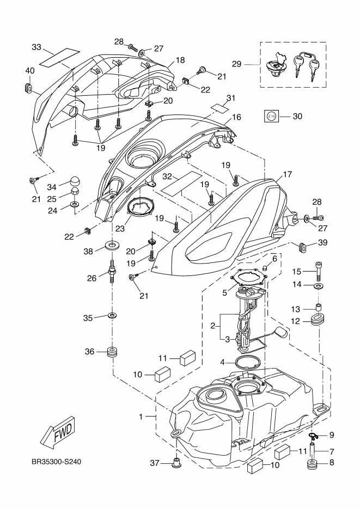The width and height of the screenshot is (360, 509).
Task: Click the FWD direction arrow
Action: point(56,433)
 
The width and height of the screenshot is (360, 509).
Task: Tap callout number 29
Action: point(236,64)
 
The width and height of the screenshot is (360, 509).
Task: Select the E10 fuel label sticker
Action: point(272,116)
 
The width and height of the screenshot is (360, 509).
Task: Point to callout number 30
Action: point(297,116)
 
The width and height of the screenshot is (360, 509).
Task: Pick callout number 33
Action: point(36,47)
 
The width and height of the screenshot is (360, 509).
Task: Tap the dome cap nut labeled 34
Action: point(74,181)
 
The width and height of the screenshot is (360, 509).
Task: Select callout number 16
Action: point(236,117)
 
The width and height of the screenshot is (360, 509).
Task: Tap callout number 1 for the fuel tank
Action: point(141,417)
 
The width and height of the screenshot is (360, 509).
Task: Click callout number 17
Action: point(288,175)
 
